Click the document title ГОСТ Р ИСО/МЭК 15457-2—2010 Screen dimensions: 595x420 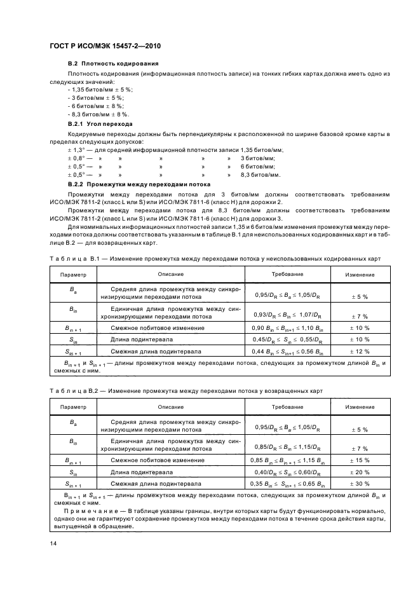(105, 46)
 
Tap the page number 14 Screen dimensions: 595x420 (53, 542)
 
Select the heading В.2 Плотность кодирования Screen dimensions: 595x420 (113, 64)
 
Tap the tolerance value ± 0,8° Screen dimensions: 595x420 (76, 157)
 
